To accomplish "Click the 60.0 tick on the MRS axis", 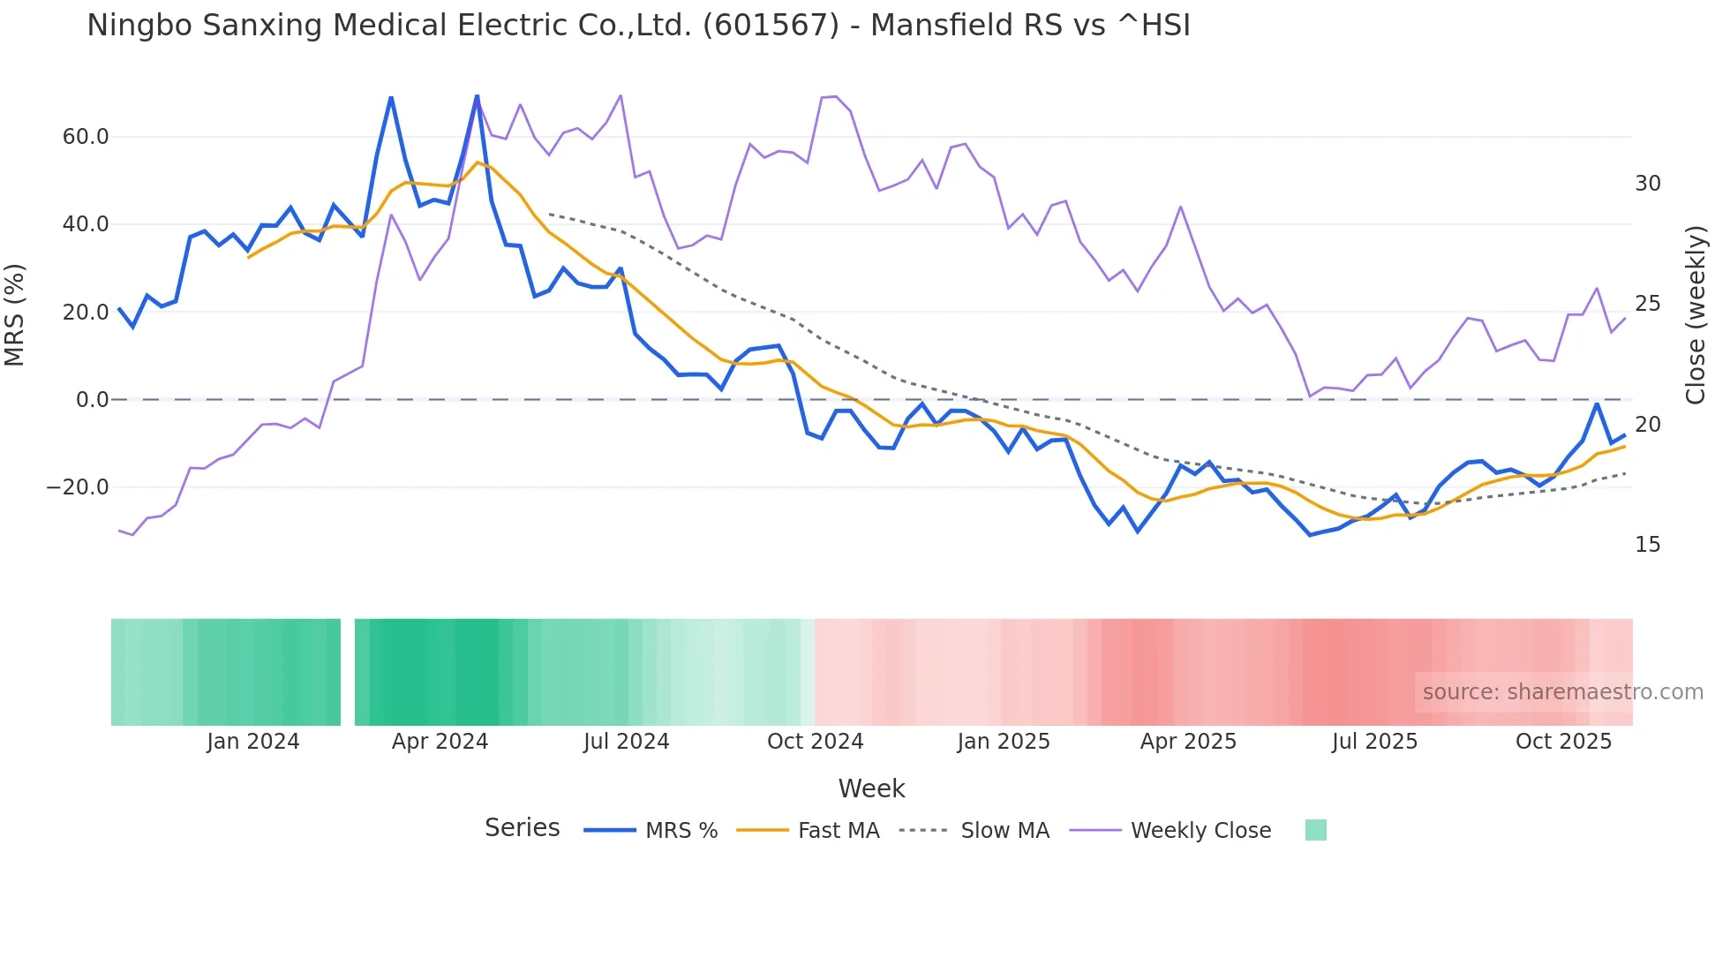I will (86, 137).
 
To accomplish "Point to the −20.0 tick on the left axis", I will (78, 487).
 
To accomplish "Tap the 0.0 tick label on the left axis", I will (92, 400).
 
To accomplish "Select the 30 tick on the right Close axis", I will (1647, 184).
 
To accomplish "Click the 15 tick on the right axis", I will (1647, 545).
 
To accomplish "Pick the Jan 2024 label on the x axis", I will (253, 742).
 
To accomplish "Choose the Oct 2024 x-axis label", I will (815, 742).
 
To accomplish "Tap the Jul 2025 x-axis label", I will (1374, 742).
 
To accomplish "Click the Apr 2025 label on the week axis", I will (1188, 742).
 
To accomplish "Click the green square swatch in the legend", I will (1315, 831).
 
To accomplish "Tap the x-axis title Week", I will (871, 788).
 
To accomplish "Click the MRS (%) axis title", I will (15, 314).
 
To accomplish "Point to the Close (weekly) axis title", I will (1695, 314).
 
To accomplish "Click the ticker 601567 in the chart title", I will (771, 26).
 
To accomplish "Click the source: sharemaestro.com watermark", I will (1562, 692).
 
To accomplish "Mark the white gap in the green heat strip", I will (348, 672).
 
